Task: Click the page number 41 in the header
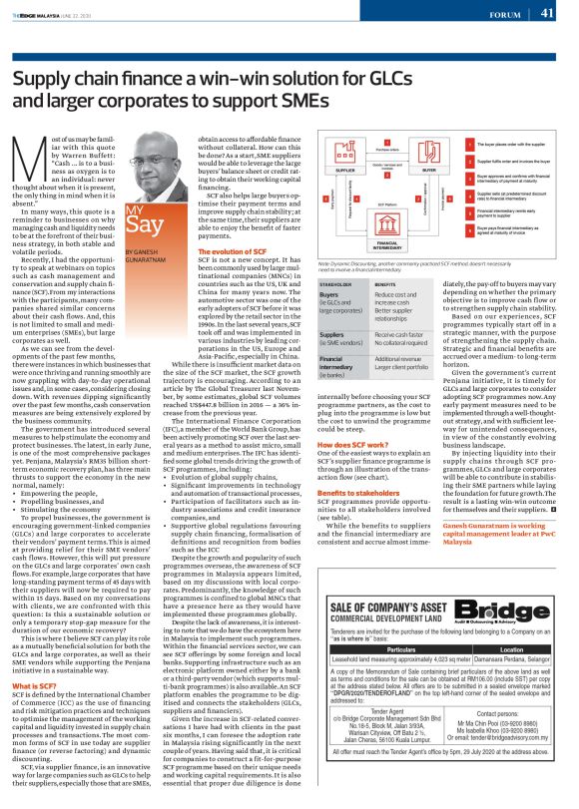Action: [548, 14]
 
